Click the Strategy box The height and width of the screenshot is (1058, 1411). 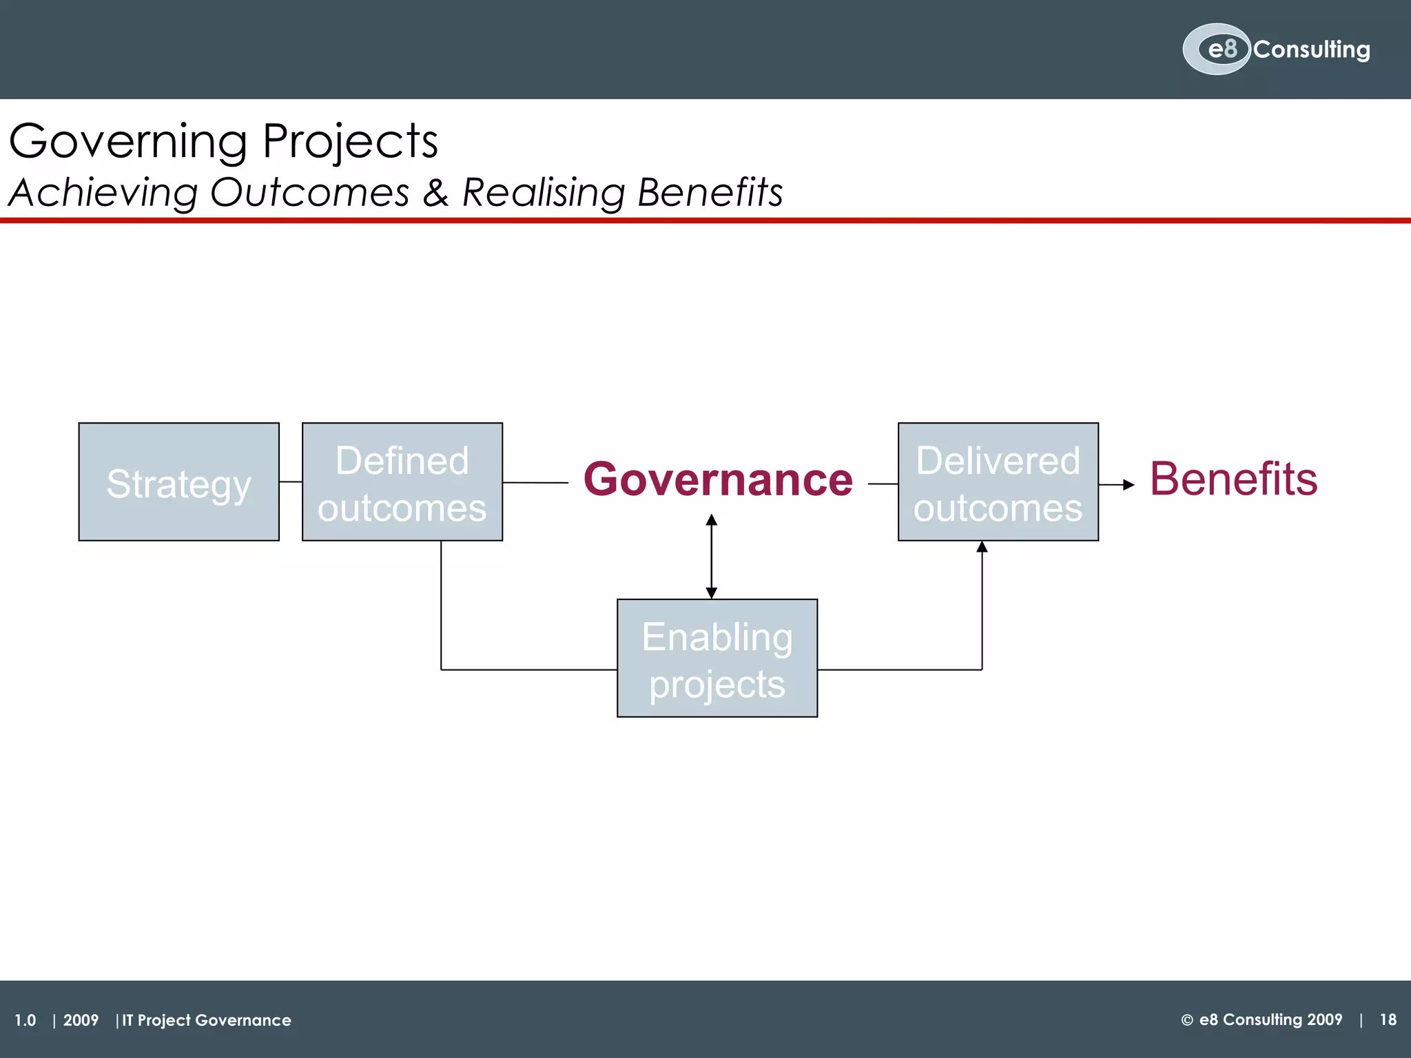click(178, 482)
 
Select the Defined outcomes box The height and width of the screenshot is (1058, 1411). click(402, 482)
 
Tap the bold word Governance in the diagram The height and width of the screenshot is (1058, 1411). click(718, 479)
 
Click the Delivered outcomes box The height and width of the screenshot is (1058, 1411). click(998, 482)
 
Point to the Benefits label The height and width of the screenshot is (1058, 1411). click(1233, 479)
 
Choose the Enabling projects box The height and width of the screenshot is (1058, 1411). click(717, 658)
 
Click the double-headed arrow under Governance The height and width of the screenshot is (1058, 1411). click(712, 557)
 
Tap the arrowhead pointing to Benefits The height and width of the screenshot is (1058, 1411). click(1128, 485)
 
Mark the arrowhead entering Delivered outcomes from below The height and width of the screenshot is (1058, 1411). click(982, 548)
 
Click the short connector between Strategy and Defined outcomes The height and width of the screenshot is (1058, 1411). click(291, 482)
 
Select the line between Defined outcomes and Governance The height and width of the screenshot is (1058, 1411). click(535, 483)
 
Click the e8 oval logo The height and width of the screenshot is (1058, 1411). click(1216, 50)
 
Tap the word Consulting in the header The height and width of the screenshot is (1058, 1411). click(1311, 50)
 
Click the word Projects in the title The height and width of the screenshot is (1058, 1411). click(350, 142)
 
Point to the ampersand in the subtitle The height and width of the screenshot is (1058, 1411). click(435, 192)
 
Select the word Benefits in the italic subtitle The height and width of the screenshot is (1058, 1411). click(710, 192)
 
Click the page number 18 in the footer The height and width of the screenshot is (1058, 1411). click(1388, 1019)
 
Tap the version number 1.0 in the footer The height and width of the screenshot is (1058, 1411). click(25, 1020)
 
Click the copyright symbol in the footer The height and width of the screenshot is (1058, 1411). click(1187, 1020)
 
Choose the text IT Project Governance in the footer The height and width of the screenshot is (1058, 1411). click(207, 1020)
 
